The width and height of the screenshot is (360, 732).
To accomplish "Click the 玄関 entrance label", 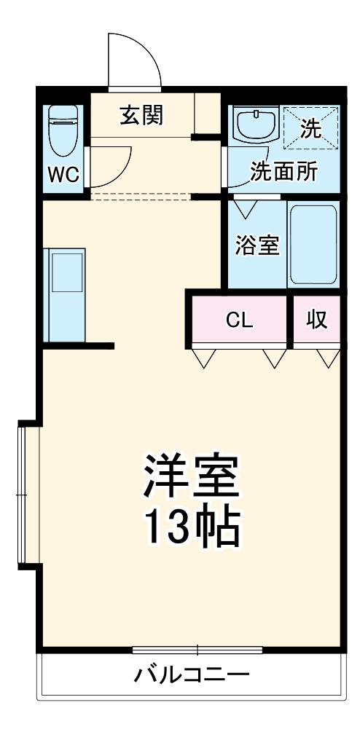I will (141, 116).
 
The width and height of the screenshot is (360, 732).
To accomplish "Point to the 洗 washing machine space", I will (310, 130).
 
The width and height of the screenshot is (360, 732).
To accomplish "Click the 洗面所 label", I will (284, 172).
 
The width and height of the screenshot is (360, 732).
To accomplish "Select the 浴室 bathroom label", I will (257, 245).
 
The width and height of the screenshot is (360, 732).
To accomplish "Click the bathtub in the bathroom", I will (313, 245).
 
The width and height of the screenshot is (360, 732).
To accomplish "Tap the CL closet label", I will (240, 320).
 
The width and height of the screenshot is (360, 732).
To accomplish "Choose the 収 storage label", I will (316, 320).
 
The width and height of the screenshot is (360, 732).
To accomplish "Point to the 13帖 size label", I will (191, 528).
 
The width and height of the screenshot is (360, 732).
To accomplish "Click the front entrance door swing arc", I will (135, 59).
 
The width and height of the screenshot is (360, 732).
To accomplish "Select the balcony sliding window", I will (197, 648).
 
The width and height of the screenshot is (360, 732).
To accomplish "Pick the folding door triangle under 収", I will (329, 358).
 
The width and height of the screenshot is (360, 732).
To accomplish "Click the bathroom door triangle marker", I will (245, 208).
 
